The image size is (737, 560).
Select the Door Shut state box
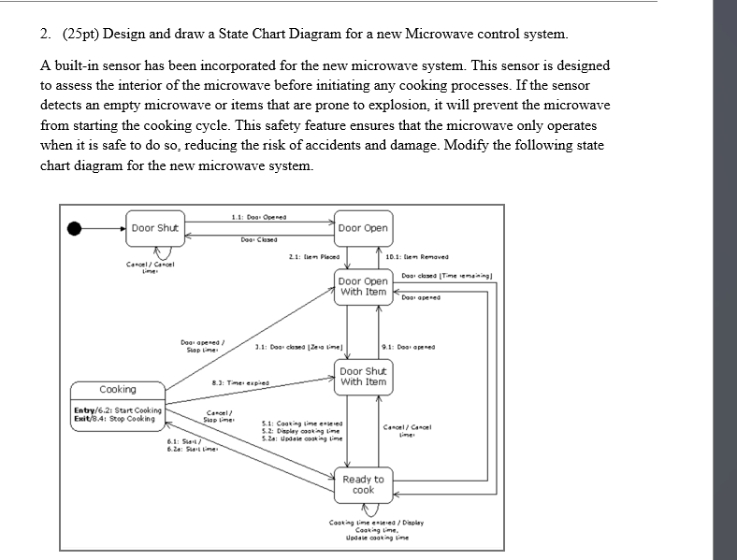[155, 228]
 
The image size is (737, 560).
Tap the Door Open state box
[363, 228]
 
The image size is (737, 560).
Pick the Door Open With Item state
[363, 286]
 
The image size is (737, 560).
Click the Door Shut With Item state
[363, 376]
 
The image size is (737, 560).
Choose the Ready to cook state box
[363, 484]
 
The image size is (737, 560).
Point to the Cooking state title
[118, 389]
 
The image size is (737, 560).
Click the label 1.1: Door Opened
[259, 218]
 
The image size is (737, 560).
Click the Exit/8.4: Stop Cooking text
[115, 419]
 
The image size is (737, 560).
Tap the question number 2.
[44, 35]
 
